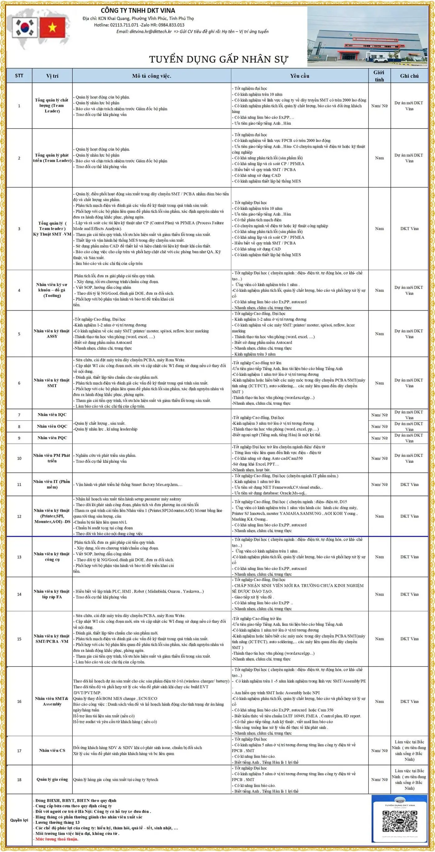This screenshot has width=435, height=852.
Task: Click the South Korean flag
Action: click(x=25, y=27)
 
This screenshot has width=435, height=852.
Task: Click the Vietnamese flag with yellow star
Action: click(x=52, y=27)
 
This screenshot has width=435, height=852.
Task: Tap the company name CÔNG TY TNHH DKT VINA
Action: click(x=138, y=10)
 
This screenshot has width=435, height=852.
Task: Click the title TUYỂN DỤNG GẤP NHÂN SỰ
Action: click(x=219, y=59)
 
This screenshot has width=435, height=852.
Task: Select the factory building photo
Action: click(x=367, y=36)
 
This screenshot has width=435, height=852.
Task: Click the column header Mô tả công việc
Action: click(x=152, y=76)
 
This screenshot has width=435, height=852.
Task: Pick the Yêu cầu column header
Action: click(x=300, y=76)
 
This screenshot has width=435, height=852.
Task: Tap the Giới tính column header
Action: click(x=379, y=76)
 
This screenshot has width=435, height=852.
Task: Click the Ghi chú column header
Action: click(x=409, y=76)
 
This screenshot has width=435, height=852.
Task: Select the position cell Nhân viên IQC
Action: click(x=52, y=414)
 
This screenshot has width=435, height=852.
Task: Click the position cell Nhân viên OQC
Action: click(x=52, y=426)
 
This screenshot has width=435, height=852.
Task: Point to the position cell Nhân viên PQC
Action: click(x=52, y=438)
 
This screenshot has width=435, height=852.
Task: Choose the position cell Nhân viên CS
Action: click(x=52, y=750)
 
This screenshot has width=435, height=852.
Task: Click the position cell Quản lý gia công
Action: click(x=52, y=779)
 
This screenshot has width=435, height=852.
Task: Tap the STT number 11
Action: click(x=19, y=485)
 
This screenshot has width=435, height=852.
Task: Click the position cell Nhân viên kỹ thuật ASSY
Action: click(x=52, y=333)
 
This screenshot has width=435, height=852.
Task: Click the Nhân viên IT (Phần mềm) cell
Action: click(x=52, y=484)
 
